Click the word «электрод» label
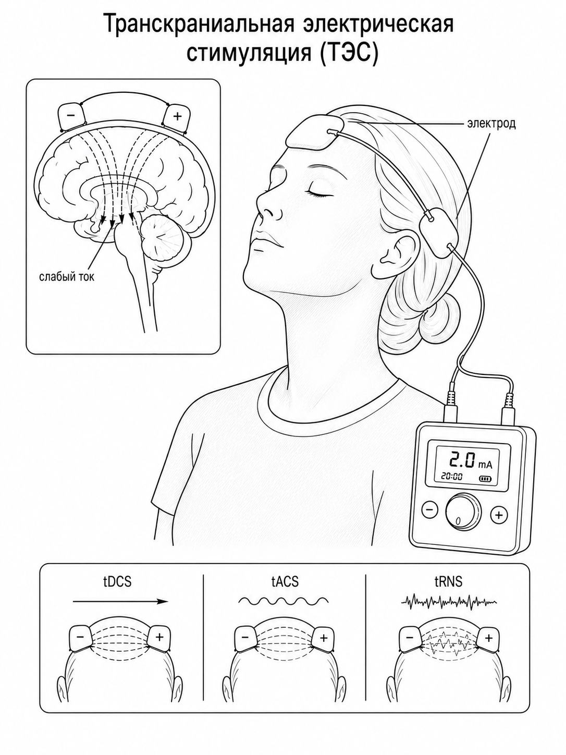[491, 124]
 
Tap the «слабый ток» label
[66, 276]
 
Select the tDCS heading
[117, 582]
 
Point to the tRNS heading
[448, 582]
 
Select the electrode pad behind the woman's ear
[439, 233]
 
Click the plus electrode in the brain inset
[177, 116]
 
